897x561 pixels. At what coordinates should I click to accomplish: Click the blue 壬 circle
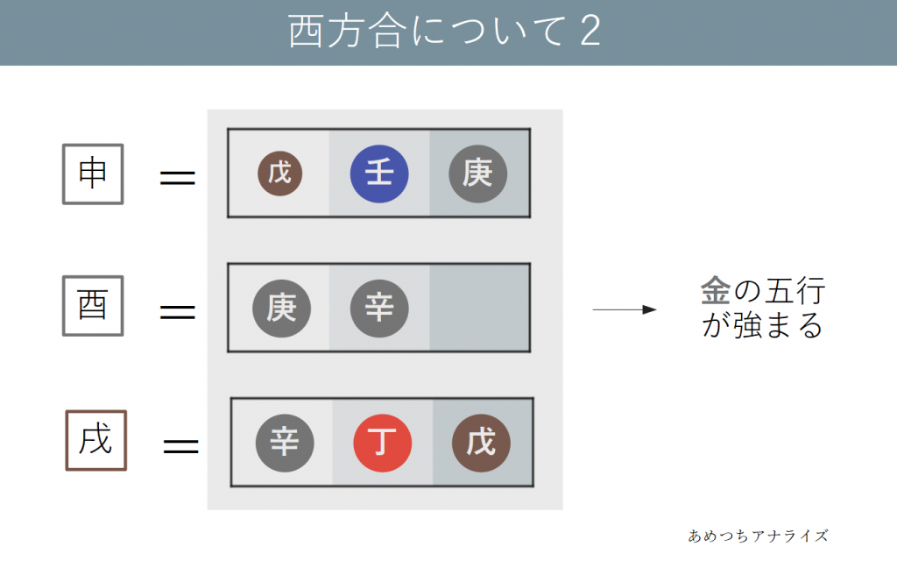(x=378, y=174)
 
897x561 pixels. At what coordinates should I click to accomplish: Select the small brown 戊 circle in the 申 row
(x=279, y=174)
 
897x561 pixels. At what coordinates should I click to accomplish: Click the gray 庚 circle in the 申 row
(x=478, y=174)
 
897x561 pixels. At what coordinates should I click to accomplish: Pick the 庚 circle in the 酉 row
(x=281, y=308)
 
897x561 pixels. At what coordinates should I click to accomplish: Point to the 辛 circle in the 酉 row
(x=379, y=308)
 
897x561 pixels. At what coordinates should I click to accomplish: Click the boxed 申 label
(x=93, y=174)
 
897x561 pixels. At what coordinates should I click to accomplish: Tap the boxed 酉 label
(x=93, y=306)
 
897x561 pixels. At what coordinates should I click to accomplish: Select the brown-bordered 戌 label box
(x=96, y=440)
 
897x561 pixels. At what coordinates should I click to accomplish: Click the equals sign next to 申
(x=178, y=179)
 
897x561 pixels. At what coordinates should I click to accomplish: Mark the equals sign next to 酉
(x=178, y=311)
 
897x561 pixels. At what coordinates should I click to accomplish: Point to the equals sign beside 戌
(x=181, y=446)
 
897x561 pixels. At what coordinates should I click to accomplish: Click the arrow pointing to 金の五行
(x=624, y=309)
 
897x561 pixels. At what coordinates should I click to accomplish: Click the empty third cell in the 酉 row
(x=479, y=308)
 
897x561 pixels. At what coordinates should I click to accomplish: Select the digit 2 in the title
(x=590, y=33)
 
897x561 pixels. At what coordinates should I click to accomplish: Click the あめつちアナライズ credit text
(x=758, y=536)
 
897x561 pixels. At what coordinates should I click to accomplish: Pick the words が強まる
(x=762, y=326)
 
